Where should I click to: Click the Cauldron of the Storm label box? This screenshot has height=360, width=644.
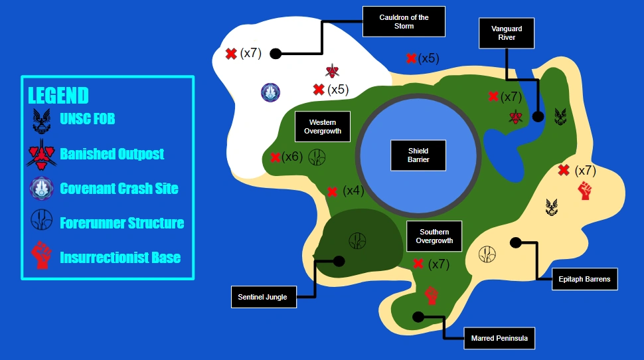(404, 22)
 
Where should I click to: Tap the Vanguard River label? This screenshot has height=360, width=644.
(507, 33)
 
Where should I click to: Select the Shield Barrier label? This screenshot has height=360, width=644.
(418, 155)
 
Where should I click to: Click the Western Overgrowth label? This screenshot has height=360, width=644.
(323, 127)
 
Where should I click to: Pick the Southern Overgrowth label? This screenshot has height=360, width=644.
(434, 236)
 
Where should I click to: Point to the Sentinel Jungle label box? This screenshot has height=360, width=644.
(264, 297)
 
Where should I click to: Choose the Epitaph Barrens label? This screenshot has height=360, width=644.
(584, 279)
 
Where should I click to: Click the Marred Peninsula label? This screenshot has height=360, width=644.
(499, 338)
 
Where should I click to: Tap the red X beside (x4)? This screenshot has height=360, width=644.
(332, 191)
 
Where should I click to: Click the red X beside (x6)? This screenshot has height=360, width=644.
(275, 157)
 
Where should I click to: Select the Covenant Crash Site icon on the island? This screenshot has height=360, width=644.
(271, 92)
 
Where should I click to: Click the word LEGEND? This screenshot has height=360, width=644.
(58, 96)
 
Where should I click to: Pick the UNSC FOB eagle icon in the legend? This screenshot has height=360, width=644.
(41, 121)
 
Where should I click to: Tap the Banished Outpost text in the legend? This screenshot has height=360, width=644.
(112, 153)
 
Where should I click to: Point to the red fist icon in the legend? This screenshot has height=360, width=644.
(41, 255)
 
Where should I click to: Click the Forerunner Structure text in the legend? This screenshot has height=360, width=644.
(122, 223)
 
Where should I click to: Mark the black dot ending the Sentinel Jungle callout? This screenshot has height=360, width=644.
(339, 261)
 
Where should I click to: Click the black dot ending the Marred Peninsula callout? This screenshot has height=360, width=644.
(418, 317)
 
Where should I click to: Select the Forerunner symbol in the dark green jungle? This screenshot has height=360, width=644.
(357, 241)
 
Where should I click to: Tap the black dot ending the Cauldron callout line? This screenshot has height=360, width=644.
(276, 53)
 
